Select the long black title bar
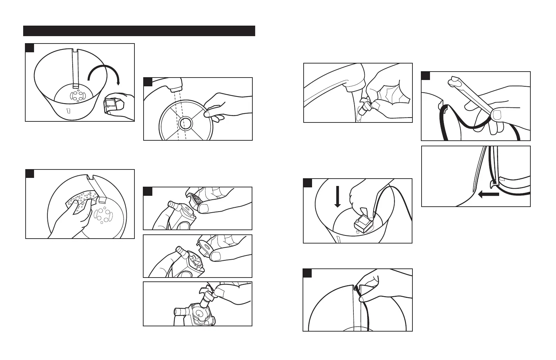click(x=139, y=31)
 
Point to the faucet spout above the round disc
click(x=175, y=85)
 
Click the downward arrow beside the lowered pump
click(x=338, y=196)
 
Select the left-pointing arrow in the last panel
click(x=488, y=194)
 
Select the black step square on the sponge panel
click(x=30, y=173)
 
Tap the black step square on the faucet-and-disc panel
click(x=148, y=82)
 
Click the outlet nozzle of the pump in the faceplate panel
click(x=173, y=205)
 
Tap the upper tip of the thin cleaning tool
click(x=453, y=82)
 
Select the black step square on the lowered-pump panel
click(x=307, y=182)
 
